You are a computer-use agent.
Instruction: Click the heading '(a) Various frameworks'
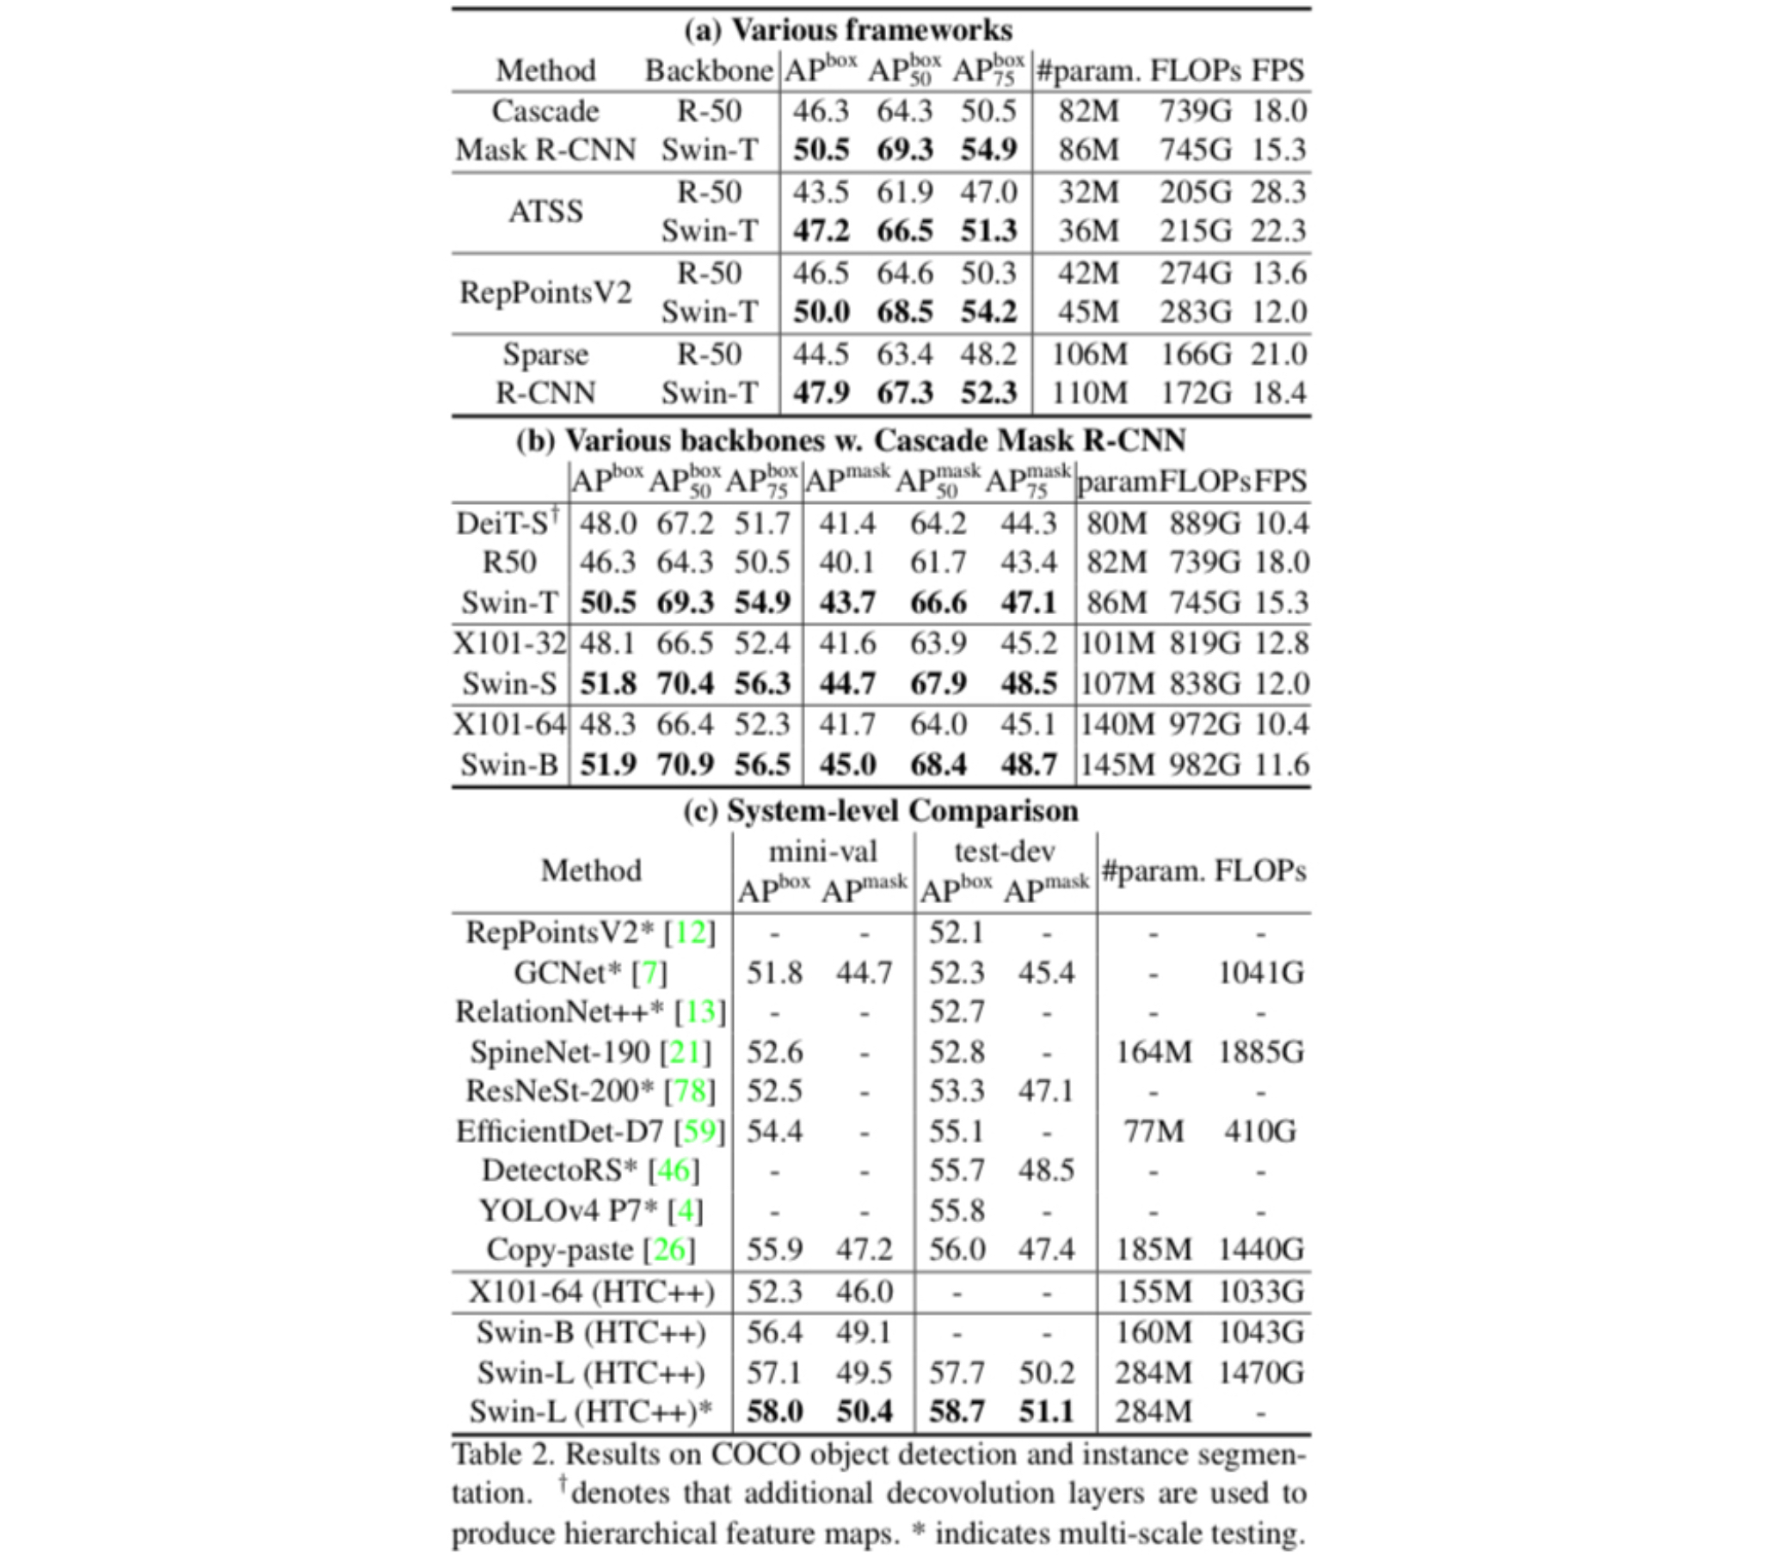click(847, 30)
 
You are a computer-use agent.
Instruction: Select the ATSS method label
click(545, 211)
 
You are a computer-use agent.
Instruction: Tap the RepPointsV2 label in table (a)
click(545, 292)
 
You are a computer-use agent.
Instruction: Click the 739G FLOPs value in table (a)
click(1195, 111)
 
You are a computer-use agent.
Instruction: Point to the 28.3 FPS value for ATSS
click(1278, 192)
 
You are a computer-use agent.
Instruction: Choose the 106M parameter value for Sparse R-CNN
click(1089, 354)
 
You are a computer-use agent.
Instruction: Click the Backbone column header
click(709, 70)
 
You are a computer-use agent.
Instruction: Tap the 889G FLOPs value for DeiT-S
click(1204, 523)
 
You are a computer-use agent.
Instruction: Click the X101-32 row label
click(509, 642)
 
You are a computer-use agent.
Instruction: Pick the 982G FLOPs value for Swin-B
click(1204, 765)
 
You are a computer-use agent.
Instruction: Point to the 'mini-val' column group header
click(822, 851)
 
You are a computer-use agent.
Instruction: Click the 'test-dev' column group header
click(1004, 851)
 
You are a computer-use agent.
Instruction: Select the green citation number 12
click(691, 932)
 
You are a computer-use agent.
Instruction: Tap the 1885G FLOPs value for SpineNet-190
click(1260, 1051)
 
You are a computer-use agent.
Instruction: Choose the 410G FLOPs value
click(1259, 1131)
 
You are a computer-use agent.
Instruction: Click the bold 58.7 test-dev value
click(957, 1411)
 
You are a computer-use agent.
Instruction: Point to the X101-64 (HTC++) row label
click(591, 1292)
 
